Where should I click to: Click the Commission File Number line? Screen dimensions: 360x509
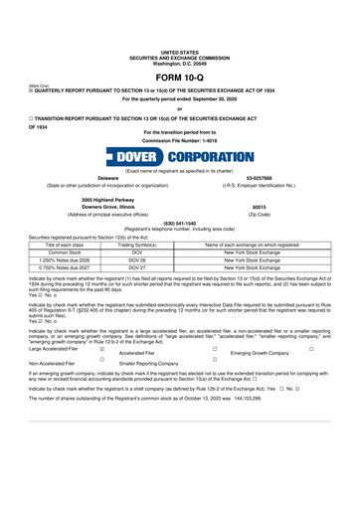click(179, 140)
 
